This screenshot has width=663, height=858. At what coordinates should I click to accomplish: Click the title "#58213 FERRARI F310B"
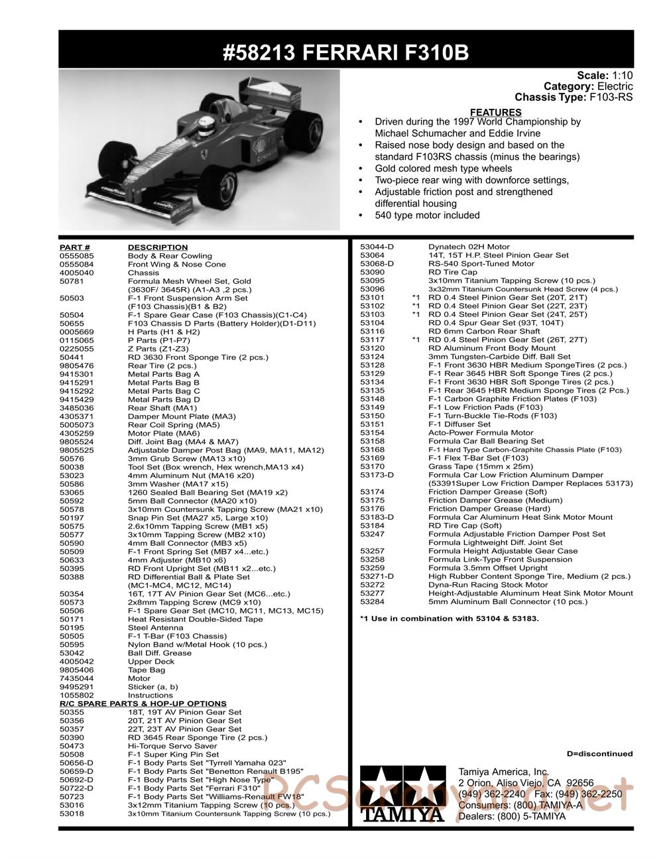[345, 52]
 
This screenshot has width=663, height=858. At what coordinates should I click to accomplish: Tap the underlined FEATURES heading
[495, 112]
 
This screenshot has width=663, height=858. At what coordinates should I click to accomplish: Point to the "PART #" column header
[74, 247]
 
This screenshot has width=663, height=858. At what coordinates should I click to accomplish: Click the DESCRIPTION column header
[158, 247]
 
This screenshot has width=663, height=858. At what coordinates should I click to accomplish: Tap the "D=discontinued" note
[599, 753]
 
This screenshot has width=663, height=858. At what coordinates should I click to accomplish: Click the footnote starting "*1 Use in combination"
[449, 618]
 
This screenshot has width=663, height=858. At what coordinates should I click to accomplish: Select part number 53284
[372, 601]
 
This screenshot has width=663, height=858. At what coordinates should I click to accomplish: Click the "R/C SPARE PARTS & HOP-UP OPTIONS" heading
[143, 704]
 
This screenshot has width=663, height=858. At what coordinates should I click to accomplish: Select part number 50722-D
[76, 788]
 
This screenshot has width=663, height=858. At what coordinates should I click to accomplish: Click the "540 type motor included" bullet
[427, 215]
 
